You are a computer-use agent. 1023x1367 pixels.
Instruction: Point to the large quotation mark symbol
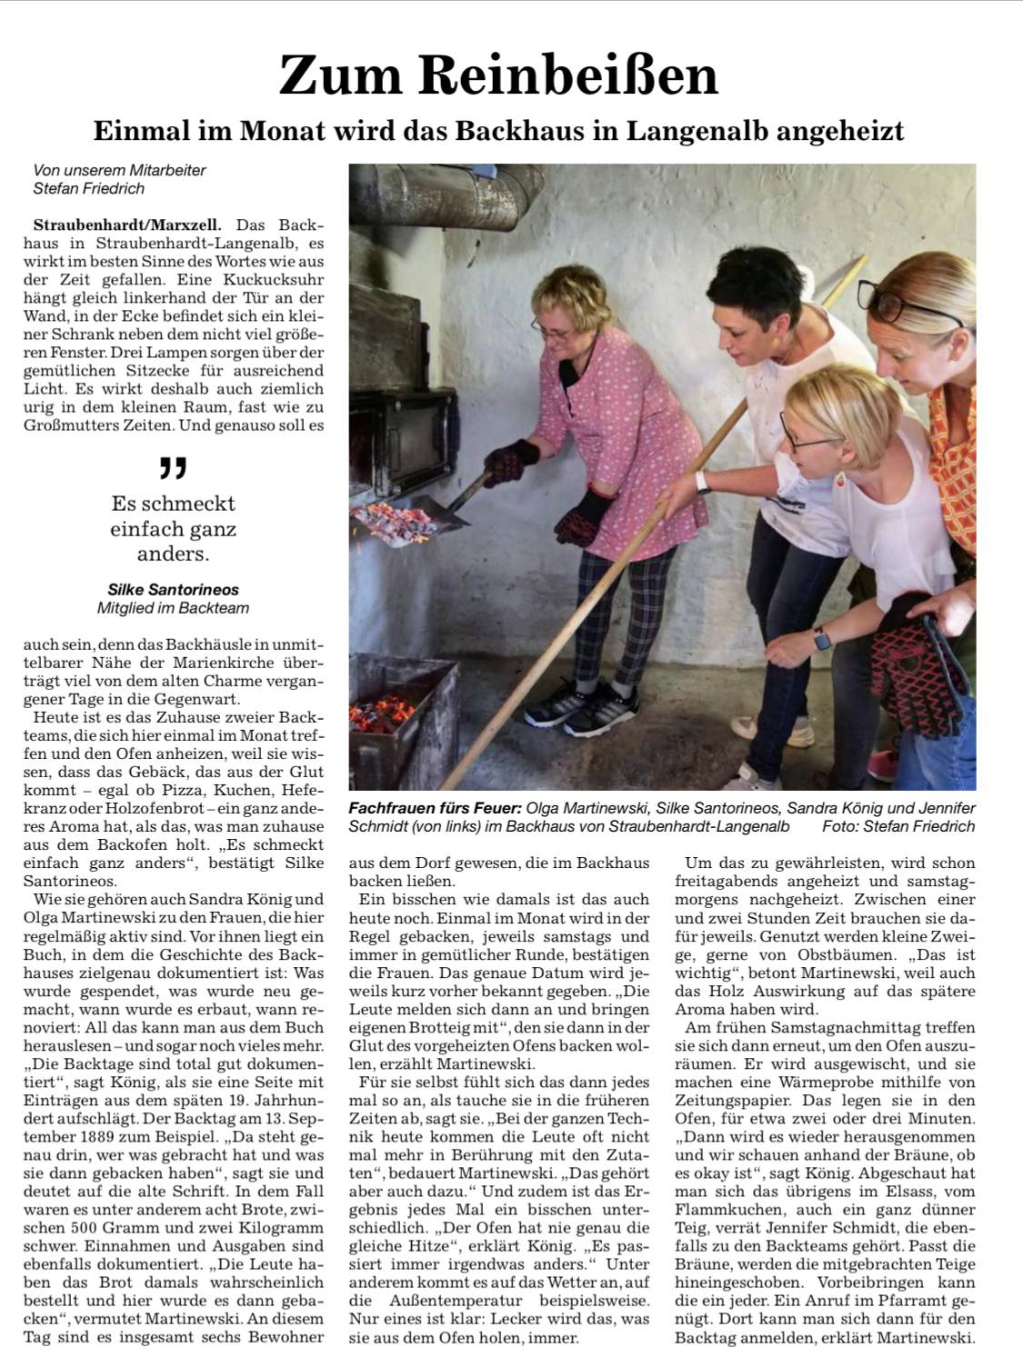pyautogui.click(x=172, y=467)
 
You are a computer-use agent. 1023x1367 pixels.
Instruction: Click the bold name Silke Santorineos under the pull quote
pyautogui.click(x=173, y=590)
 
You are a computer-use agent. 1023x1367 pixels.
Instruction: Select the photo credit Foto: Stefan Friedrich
pyautogui.click(x=898, y=826)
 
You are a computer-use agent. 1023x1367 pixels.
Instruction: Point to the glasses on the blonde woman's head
pyautogui.click(x=909, y=299)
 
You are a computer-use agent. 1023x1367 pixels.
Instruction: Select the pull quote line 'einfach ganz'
pyautogui.click(x=173, y=528)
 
